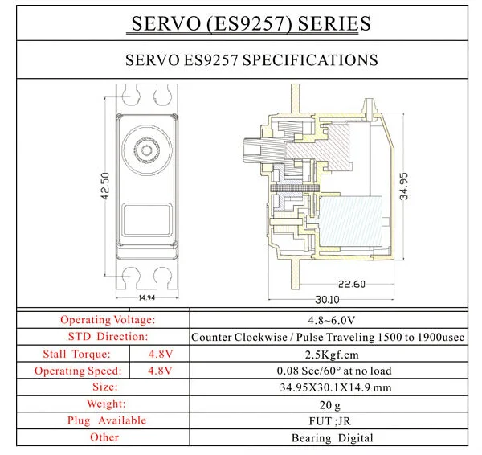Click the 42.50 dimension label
tap(105, 187)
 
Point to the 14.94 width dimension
tap(147, 297)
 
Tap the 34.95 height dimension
tap(404, 187)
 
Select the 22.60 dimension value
tap(352, 284)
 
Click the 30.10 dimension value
tap(327, 300)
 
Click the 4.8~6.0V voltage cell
tap(331, 321)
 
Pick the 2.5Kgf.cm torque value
tap(332, 355)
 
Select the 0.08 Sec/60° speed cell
tap(334, 371)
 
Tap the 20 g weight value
tap(330, 405)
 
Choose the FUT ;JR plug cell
tap(329, 421)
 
